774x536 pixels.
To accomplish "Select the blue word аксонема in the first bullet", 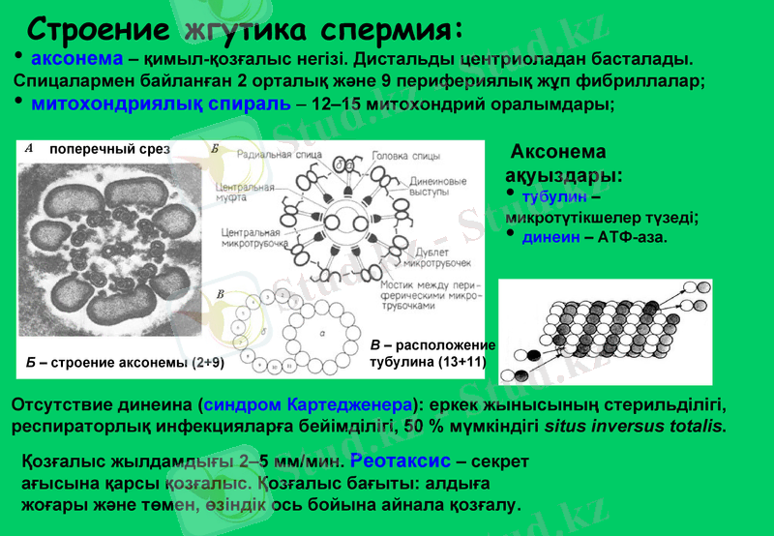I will [76, 61].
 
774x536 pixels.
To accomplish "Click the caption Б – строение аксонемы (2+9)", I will [124, 364].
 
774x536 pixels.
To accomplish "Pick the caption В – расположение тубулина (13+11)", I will [432, 354].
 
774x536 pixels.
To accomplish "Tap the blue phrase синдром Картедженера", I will [309, 402].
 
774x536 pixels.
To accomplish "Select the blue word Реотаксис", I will [394, 461].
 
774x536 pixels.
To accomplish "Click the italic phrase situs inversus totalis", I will [635, 426].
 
